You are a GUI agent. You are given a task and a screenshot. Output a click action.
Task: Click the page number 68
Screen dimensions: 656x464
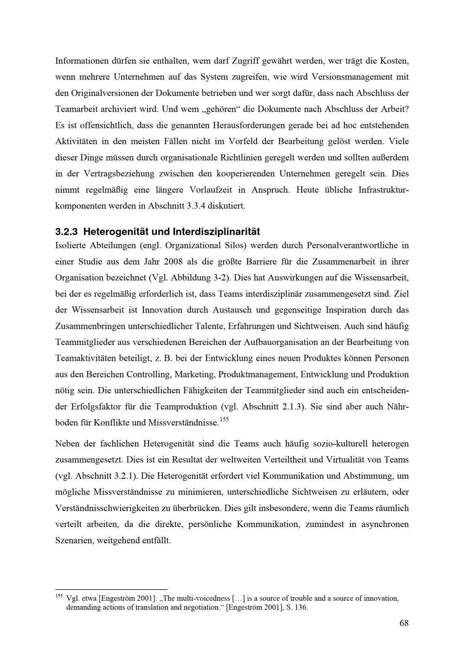coord(404,623)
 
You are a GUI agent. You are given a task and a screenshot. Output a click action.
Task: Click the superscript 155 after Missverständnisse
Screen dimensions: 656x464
coord(224,420)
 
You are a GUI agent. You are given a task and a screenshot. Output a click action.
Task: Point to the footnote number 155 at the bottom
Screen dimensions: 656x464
coord(59,596)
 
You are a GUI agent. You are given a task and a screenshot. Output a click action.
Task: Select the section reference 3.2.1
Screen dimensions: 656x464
coord(123,476)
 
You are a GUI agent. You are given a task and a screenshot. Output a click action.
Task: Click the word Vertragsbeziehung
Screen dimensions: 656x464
coord(120,174)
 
